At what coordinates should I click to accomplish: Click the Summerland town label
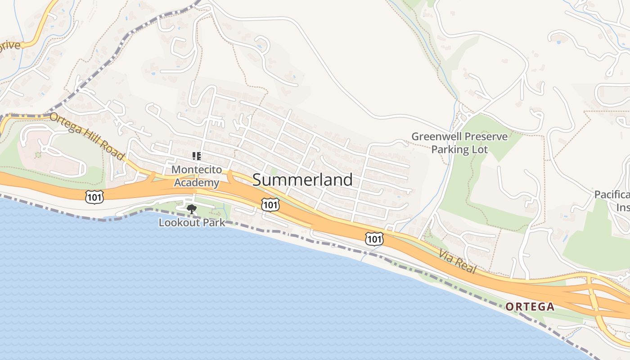click(x=302, y=180)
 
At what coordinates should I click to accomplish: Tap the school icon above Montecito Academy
click(x=196, y=156)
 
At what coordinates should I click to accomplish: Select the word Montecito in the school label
click(x=197, y=170)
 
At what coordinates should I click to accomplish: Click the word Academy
click(x=197, y=183)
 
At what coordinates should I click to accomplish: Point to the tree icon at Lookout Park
click(x=192, y=209)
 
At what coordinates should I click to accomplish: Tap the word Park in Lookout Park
click(x=213, y=223)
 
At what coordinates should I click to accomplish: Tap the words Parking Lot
click(x=459, y=149)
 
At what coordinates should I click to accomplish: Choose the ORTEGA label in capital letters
click(x=530, y=307)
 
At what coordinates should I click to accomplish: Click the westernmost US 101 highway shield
click(x=94, y=197)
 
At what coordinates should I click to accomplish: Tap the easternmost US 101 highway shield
click(x=374, y=239)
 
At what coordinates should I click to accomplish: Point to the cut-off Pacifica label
click(x=612, y=195)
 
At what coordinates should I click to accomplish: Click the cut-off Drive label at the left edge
click(x=10, y=45)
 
